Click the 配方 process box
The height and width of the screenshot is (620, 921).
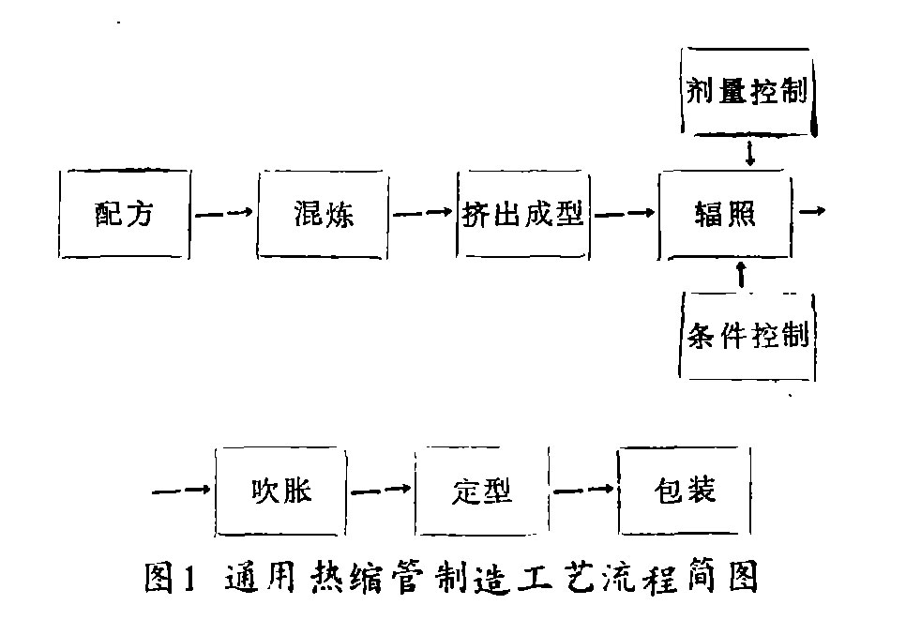coord(124,215)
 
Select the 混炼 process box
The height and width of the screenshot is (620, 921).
coord(323,215)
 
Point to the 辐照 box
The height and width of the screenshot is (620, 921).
coord(724,215)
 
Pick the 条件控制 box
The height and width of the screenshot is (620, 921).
coord(747,335)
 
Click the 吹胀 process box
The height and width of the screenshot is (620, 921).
coord(280,491)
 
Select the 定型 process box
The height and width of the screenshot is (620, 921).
coord(480,491)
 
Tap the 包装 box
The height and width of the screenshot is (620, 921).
coord(684,491)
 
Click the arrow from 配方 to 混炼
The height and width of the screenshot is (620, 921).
coord(224,214)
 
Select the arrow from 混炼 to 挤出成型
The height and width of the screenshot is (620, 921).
coord(423,214)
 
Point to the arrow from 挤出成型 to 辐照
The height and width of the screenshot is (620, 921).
coord(625,214)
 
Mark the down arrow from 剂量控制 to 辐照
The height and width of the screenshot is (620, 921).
coord(748,154)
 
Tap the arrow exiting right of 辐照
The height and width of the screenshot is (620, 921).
coord(811,211)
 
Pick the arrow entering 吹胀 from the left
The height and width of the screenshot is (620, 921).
coord(180,490)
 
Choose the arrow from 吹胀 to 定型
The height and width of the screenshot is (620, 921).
coord(381,490)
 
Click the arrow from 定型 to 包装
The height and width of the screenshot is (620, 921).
coord(583,490)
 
